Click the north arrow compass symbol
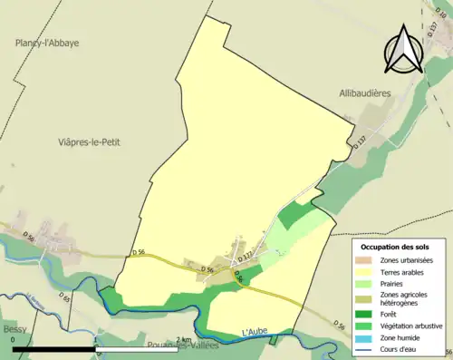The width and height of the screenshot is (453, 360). coord(404,49)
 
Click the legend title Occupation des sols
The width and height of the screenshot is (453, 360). coord(396,246)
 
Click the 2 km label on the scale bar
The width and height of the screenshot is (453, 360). coord(186,339)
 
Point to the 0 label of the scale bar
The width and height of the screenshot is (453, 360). coord(14,339)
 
